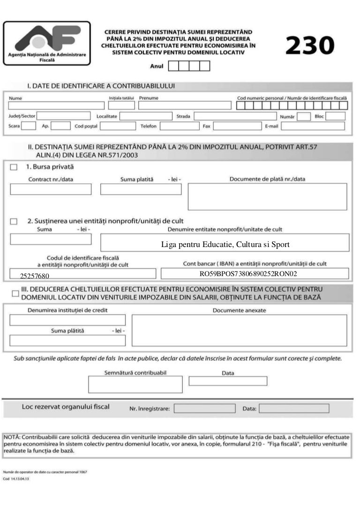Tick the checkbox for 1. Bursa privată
coord(14,167)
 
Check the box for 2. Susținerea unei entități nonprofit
coord(14,221)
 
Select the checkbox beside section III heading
coord(15,293)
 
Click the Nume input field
coord(56,105)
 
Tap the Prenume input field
coord(185,105)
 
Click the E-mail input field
coord(313,126)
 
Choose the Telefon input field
coord(180,126)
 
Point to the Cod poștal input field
coord(118,126)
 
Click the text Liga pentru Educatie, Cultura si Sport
coord(225,245)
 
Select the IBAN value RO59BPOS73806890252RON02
coord(248,273)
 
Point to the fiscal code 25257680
coord(35,276)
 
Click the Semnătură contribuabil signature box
coord(135,384)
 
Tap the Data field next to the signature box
coord(228,381)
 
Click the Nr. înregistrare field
coord(204,408)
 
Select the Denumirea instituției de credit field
coord(67,320)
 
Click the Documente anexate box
coord(239,330)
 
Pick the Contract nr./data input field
coord(51,189)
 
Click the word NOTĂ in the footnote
coord(12,436)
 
